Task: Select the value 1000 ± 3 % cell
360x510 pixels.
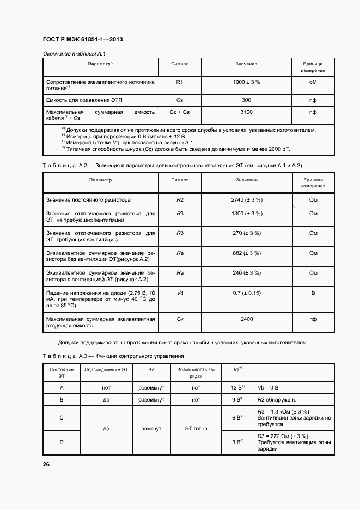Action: (x=246, y=82)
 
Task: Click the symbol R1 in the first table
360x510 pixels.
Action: (x=180, y=82)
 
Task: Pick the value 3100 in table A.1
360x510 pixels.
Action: (x=246, y=112)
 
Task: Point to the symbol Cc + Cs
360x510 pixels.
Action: (x=180, y=112)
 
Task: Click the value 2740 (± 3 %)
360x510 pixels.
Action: (x=247, y=200)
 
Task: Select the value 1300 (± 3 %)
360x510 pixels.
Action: (x=247, y=213)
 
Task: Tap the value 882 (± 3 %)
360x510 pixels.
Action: (x=247, y=253)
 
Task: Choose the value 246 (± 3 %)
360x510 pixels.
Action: (x=247, y=272)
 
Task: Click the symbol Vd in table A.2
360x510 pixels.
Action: (x=180, y=293)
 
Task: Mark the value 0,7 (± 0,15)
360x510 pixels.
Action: (x=247, y=293)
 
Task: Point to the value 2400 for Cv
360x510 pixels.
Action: (x=247, y=319)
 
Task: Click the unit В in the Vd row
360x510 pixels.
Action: (x=313, y=293)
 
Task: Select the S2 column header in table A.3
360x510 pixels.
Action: (x=151, y=369)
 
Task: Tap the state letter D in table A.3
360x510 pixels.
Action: (x=62, y=442)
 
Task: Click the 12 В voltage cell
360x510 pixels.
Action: (x=238, y=387)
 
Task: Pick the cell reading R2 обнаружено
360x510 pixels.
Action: (x=278, y=399)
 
